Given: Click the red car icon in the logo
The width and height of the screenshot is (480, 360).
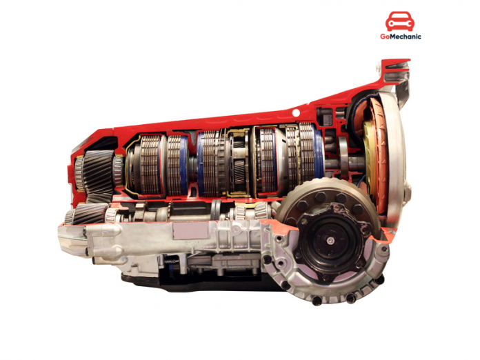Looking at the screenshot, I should tap(400, 21).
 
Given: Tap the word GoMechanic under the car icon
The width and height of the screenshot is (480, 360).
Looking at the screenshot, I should tap(400, 37).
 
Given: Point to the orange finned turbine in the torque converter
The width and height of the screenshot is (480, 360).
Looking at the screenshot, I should tap(377, 148).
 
